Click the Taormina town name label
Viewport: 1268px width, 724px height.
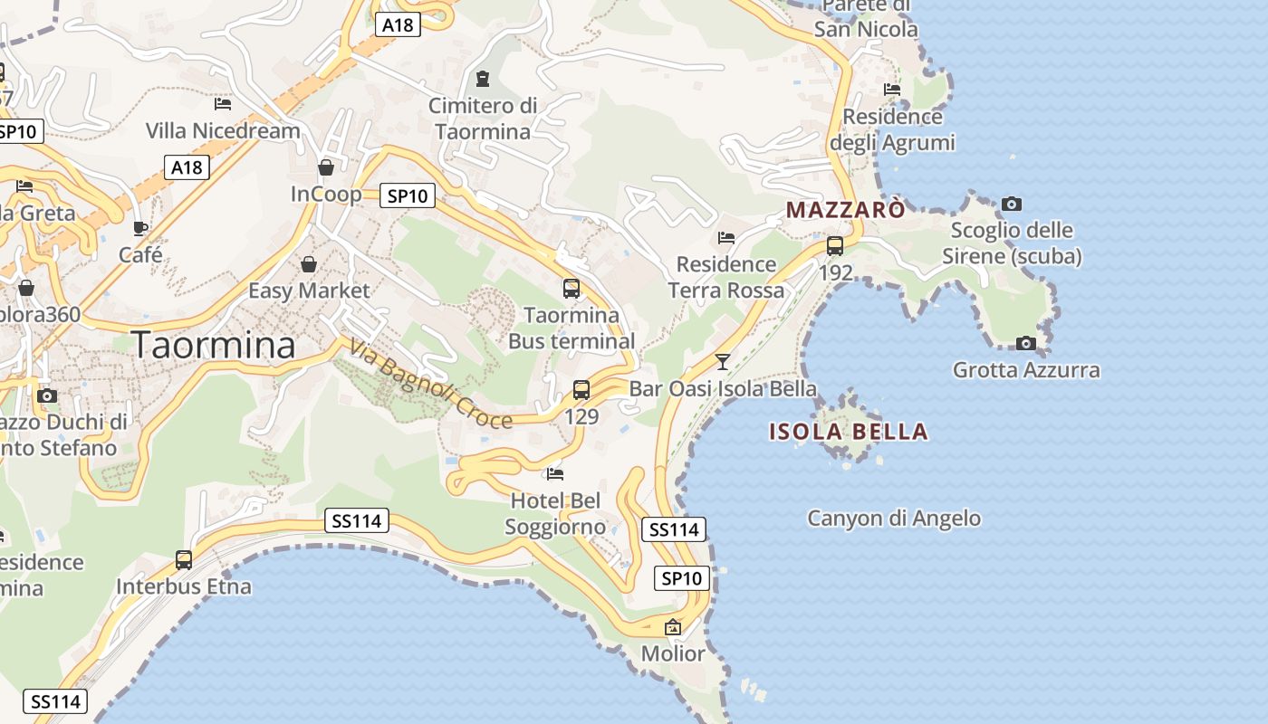(214, 346)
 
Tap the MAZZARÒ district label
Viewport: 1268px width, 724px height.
(845, 210)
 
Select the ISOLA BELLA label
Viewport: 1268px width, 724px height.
(849, 432)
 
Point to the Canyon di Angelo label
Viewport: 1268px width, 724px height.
(894, 519)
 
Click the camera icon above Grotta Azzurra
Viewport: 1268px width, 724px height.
(1026, 343)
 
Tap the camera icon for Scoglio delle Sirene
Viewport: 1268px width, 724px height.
(1012, 204)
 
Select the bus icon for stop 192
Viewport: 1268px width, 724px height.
(835, 245)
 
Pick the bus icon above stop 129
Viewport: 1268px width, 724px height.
(581, 390)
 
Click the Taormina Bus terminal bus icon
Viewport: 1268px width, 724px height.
(572, 289)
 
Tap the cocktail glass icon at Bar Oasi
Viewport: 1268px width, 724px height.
(722, 362)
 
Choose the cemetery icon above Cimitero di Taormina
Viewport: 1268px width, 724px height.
(483, 79)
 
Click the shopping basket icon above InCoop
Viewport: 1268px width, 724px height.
(326, 167)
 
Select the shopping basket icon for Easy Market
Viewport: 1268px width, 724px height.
(309, 264)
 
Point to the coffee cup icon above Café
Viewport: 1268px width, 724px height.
(140, 228)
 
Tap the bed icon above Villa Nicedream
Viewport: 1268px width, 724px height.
(223, 104)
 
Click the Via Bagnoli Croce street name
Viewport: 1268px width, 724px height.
(430, 384)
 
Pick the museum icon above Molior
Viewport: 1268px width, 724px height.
(673, 626)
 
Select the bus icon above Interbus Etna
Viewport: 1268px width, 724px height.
(184, 560)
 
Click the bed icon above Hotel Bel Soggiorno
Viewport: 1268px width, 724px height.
(555, 473)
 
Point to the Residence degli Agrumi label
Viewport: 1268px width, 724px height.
(893, 129)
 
